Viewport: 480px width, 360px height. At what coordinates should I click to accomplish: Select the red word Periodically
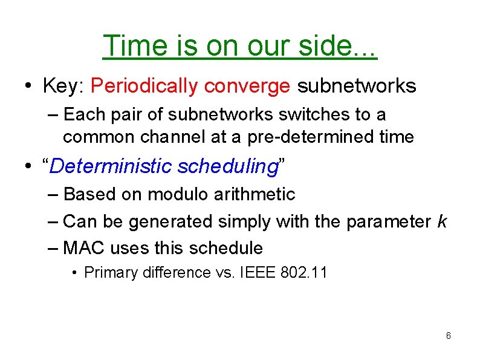pyautogui.click(x=144, y=87)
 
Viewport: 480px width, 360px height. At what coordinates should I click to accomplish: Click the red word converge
pyautogui.click(x=247, y=87)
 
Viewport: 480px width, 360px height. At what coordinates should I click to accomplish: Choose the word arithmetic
pyautogui.click(x=258, y=194)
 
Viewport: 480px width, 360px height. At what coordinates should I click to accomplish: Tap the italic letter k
pyautogui.click(x=441, y=221)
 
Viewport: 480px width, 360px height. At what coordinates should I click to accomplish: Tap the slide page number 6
pyautogui.click(x=448, y=336)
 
